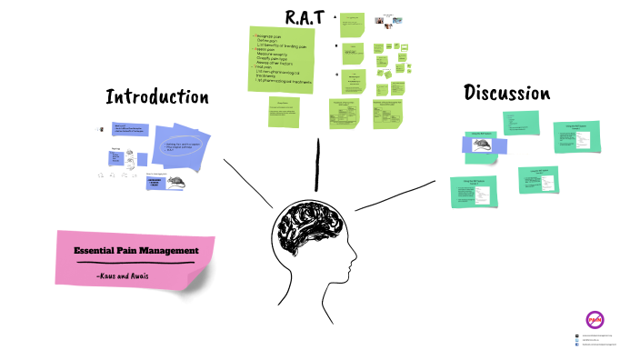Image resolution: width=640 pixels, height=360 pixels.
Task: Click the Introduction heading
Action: click(x=156, y=97)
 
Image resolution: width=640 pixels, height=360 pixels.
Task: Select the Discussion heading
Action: click(x=506, y=93)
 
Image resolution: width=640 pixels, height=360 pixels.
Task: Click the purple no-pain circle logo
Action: click(x=595, y=320)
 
